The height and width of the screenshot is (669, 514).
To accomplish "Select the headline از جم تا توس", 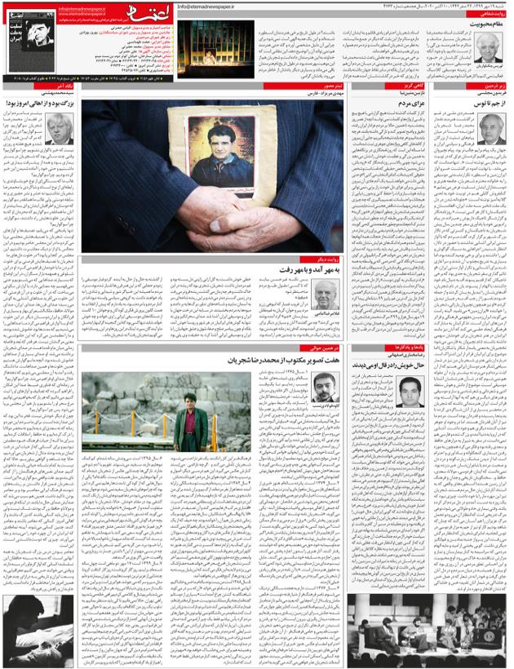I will coord(485,104).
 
